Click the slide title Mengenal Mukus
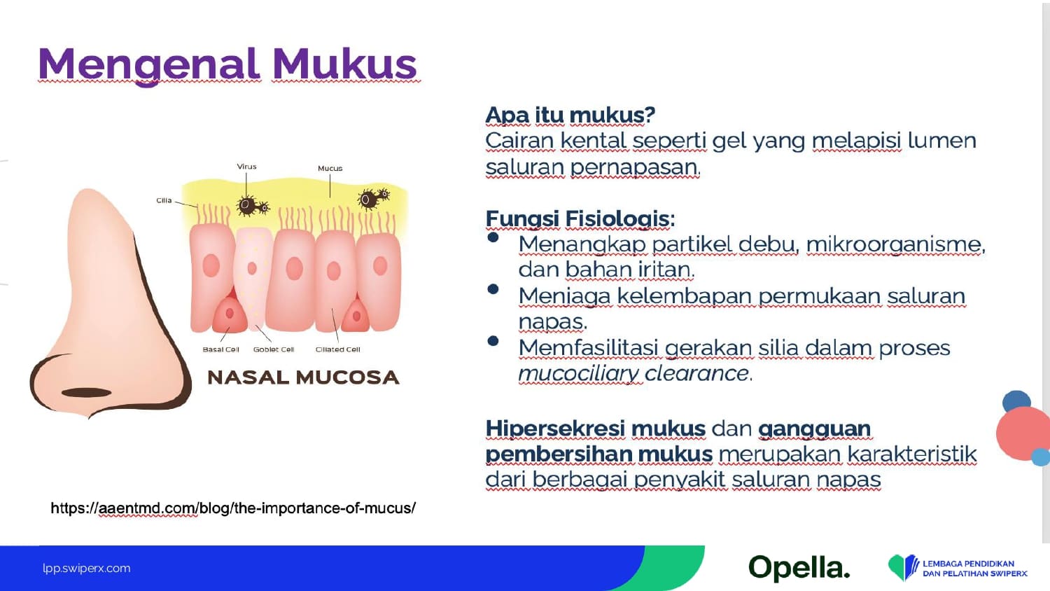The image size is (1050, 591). tap(227, 64)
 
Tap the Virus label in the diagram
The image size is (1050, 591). tap(246, 167)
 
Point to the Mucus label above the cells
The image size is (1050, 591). tap(330, 168)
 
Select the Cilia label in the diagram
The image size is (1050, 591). tap(164, 200)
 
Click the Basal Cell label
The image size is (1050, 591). tap(220, 349)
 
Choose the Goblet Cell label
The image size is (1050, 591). tap(274, 349)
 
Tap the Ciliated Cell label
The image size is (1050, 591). tap(338, 349)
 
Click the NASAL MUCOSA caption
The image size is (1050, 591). tap(303, 377)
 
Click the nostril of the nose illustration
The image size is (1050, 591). tap(86, 393)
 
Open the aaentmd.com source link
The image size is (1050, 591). tap(233, 508)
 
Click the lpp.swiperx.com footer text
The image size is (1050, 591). tap(87, 568)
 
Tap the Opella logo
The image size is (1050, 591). tap(799, 567)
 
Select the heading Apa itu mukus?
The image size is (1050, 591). tap(570, 115)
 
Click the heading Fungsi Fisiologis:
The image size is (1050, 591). tap(580, 218)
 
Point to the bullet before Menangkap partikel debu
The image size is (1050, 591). tap(493, 237)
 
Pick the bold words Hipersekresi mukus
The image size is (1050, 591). tap(595, 429)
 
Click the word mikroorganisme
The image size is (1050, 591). tap(895, 244)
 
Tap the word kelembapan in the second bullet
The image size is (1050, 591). tap(685, 296)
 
